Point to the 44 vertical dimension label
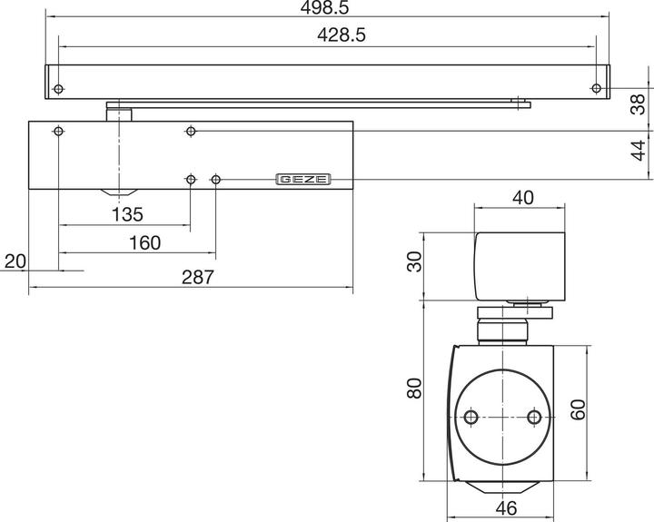(x=639, y=150)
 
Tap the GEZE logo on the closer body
(x=303, y=180)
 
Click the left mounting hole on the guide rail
(x=58, y=89)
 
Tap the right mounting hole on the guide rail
(x=595, y=88)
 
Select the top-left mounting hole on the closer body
(x=58, y=132)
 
